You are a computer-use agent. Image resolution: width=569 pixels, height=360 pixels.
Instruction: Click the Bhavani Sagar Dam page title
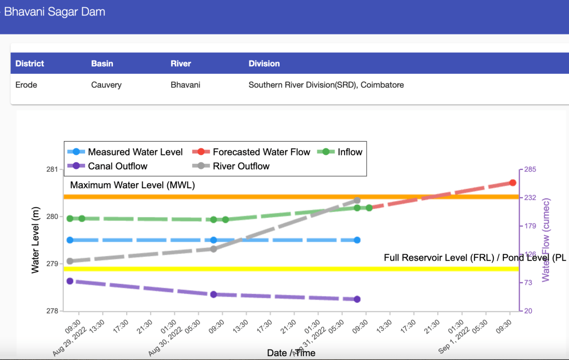pyautogui.click(x=54, y=12)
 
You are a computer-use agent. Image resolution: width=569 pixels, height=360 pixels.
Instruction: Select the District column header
pyautogui.click(x=29, y=63)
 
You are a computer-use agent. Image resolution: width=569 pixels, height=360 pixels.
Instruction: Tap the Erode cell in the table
pyautogui.click(x=26, y=85)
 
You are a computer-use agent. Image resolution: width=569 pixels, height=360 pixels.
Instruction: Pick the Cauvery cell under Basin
pyautogui.click(x=106, y=85)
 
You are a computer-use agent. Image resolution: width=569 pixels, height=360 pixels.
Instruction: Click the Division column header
pyautogui.click(x=264, y=63)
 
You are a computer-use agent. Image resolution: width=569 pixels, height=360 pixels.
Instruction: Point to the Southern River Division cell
pyautogui.click(x=326, y=85)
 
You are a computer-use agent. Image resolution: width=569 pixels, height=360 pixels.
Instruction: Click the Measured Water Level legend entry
pyautogui.click(x=135, y=152)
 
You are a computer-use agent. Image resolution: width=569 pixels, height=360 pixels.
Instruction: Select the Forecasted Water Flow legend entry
pyautogui.click(x=261, y=152)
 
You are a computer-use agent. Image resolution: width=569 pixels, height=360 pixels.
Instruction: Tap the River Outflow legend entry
pyautogui.click(x=241, y=166)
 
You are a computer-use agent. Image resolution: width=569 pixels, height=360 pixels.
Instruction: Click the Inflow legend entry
pyautogui.click(x=350, y=152)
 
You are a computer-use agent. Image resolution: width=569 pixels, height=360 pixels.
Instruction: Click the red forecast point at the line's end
pyautogui.click(x=513, y=183)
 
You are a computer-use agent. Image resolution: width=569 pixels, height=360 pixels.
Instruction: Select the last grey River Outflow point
pyautogui.click(x=357, y=200)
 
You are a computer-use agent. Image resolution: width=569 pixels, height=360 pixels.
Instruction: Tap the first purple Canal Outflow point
pyautogui.click(x=70, y=281)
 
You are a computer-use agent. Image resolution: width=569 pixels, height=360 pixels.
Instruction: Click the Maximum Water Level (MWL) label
pyautogui.click(x=133, y=185)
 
